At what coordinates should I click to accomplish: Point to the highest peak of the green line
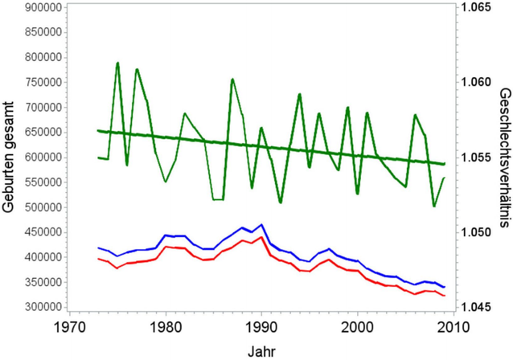click(x=117, y=63)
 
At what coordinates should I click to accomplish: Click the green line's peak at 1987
click(x=232, y=79)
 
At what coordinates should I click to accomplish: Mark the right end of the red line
click(x=445, y=297)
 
